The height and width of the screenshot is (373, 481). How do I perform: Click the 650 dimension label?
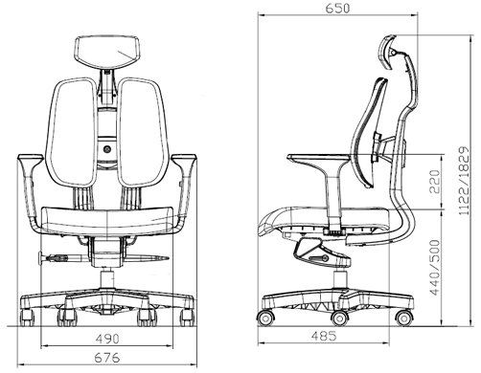pos(337,8)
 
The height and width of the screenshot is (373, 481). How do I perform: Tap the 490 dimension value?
pos(107,339)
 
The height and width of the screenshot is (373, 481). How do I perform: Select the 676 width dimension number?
pos(107,358)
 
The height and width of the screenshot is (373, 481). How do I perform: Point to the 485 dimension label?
pos(324,336)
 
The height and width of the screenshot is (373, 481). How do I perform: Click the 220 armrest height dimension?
pos(434,182)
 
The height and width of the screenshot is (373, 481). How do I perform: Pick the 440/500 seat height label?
pos(434,268)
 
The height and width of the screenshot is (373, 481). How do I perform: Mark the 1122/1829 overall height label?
pos(464,181)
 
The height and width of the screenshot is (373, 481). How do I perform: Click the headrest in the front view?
pos(107,52)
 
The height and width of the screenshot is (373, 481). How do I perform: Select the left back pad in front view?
pos(73,132)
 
